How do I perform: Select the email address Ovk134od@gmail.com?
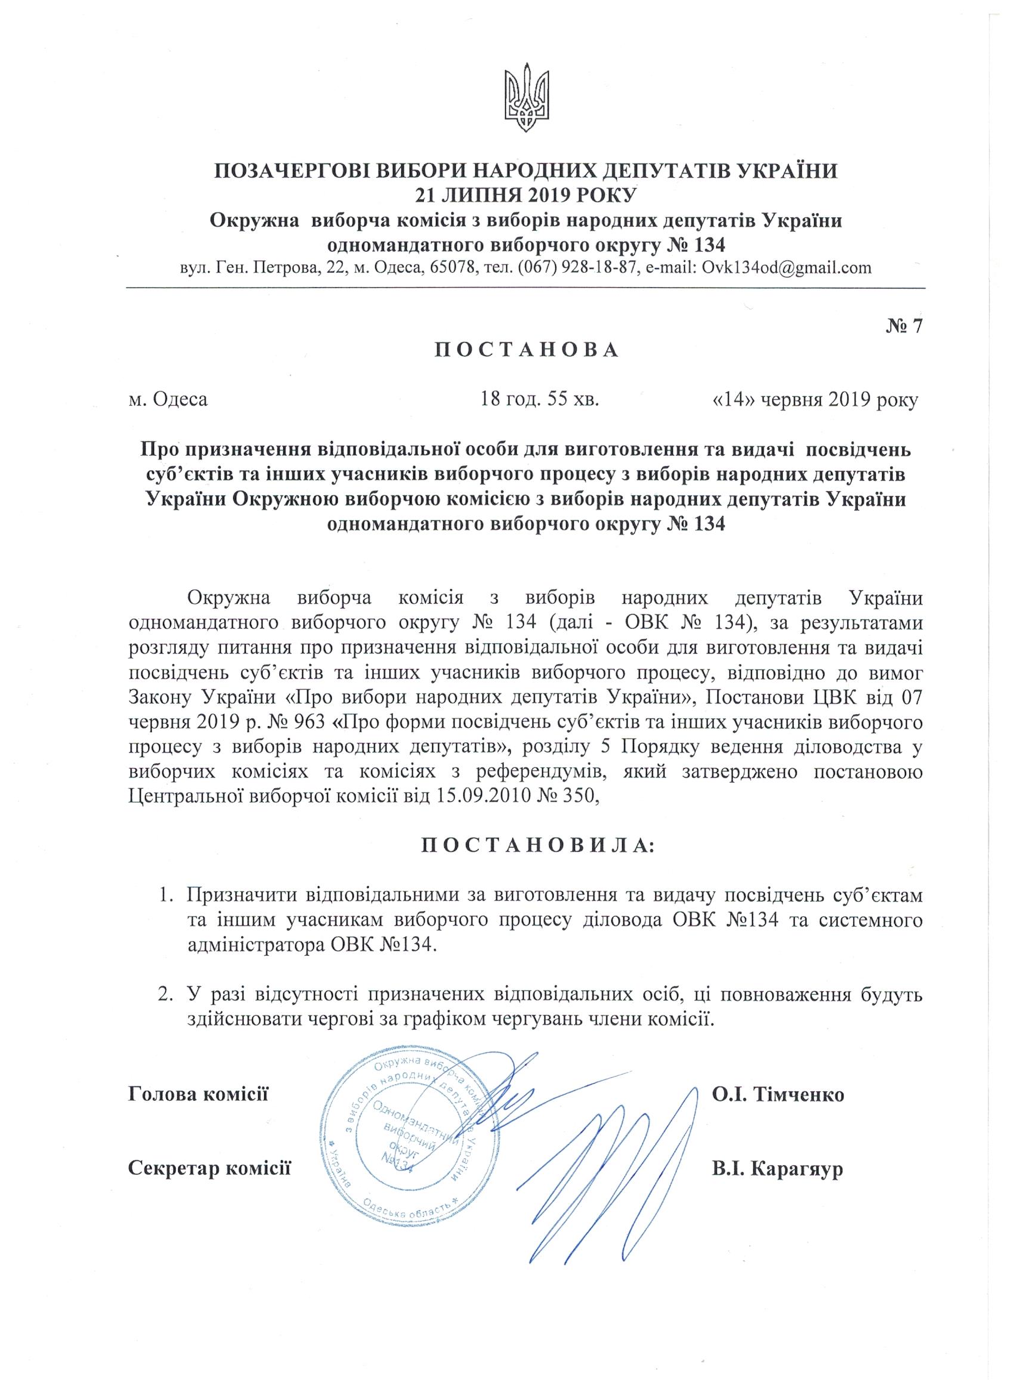783,268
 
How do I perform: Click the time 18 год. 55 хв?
540,400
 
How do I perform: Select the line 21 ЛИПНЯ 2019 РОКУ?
525,195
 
